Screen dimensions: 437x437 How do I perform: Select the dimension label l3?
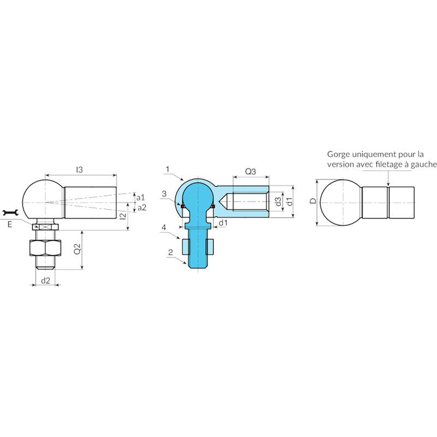[x=79, y=170]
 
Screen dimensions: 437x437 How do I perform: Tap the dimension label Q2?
[x=78, y=249]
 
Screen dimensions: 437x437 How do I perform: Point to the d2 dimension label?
[x=45, y=280]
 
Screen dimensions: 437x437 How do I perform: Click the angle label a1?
[x=141, y=197]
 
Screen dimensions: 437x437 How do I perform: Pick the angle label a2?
[x=142, y=208]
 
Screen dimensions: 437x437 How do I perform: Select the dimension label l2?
[x=123, y=216]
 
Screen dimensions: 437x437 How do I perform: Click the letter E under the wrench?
[x=10, y=225]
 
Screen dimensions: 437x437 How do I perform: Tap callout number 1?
[x=167, y=169]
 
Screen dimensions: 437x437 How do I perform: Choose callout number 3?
[x=164, y=194]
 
